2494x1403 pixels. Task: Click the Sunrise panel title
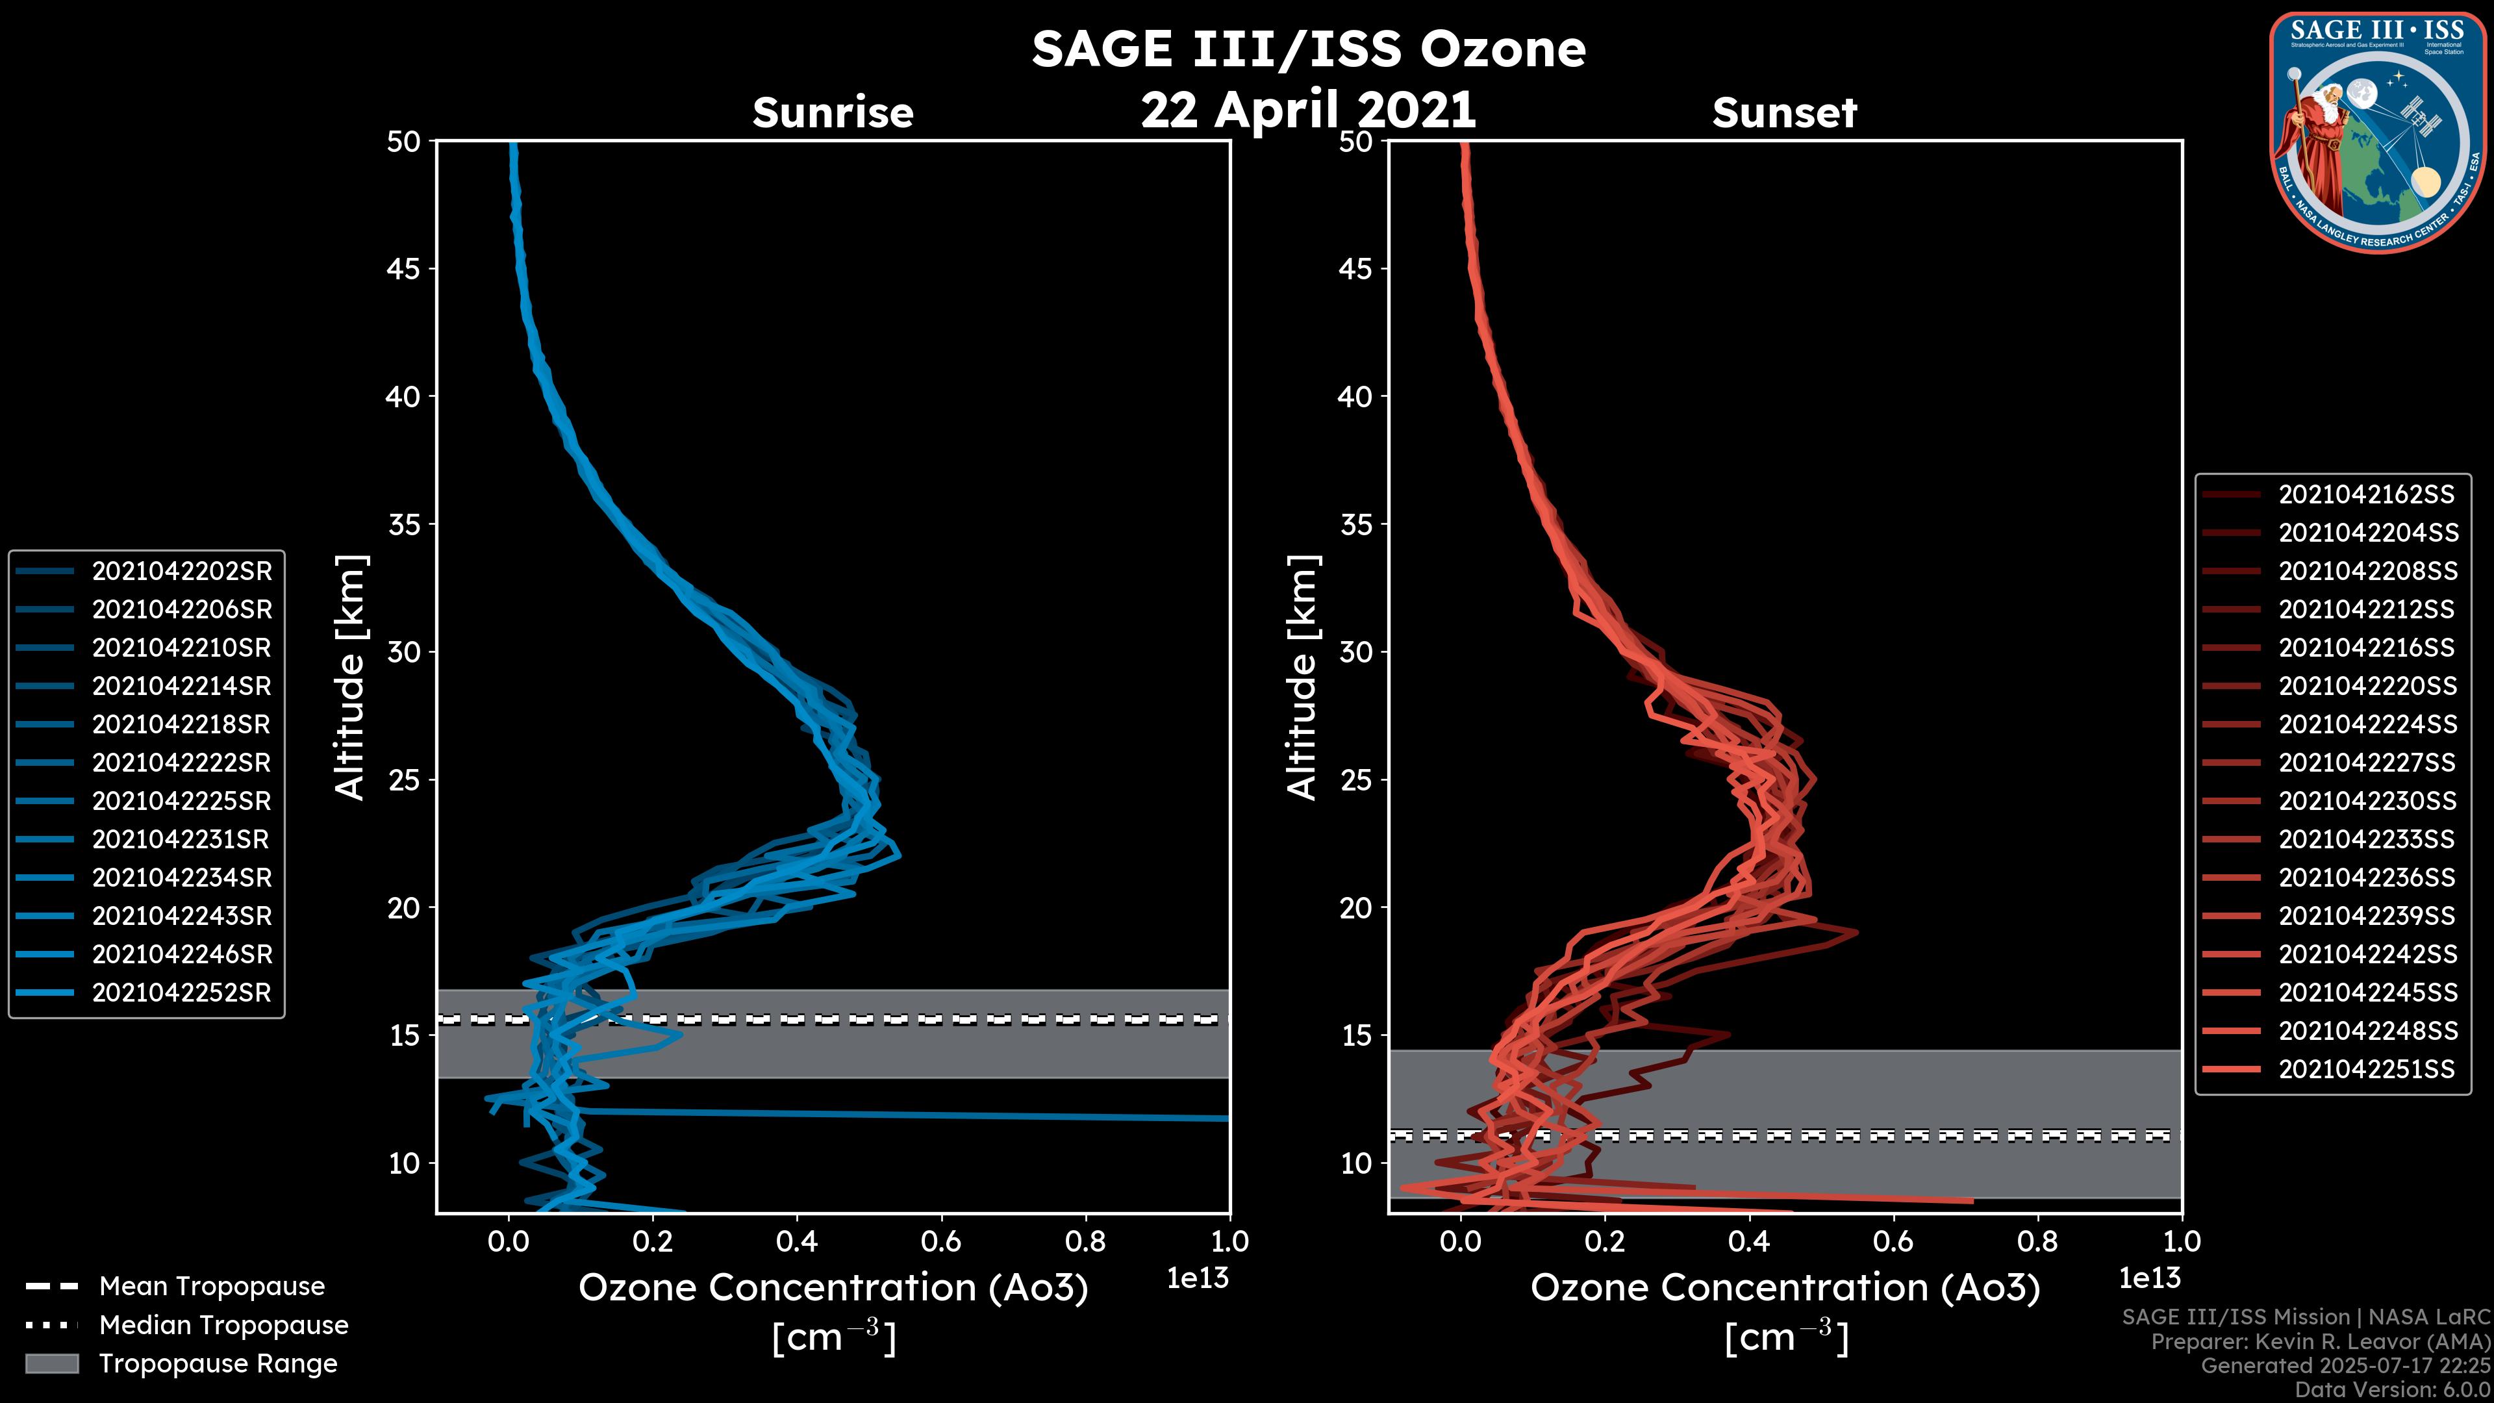coord(833,113)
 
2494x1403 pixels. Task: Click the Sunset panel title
coord(1784,113)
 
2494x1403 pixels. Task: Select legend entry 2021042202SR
coord(181,572)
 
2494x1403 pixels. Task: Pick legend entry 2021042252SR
coord(181,992)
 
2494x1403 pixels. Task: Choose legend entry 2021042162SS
coord(2366,495)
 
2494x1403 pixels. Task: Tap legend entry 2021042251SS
coord(2366,1069)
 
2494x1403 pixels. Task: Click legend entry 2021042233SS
coord(2366,839)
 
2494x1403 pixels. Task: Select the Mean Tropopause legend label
coord(212,1287)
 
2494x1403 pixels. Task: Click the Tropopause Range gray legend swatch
coord(52,1363)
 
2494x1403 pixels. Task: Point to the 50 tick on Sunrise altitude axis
coord(404,142)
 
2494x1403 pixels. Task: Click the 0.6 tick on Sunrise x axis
coord(941,1241)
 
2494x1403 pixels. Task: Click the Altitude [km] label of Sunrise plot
coord(351,677)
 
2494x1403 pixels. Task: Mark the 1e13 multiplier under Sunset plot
coord(2149,1279)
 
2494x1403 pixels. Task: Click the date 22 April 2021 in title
coord(1308,109)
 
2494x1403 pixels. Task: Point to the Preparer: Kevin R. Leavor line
coord(2321,1342)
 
